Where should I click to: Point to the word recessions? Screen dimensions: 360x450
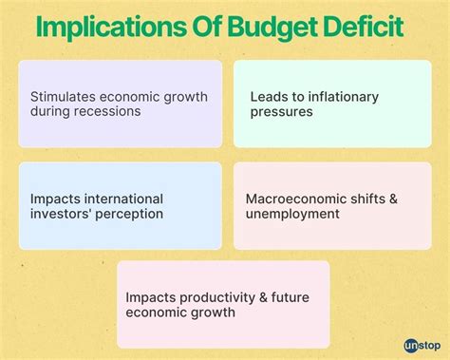point(110,112)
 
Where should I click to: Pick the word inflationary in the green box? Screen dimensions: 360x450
point(333,96)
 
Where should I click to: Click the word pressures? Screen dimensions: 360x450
point(283,112)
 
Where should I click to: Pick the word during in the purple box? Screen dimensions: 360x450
point(53,112)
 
